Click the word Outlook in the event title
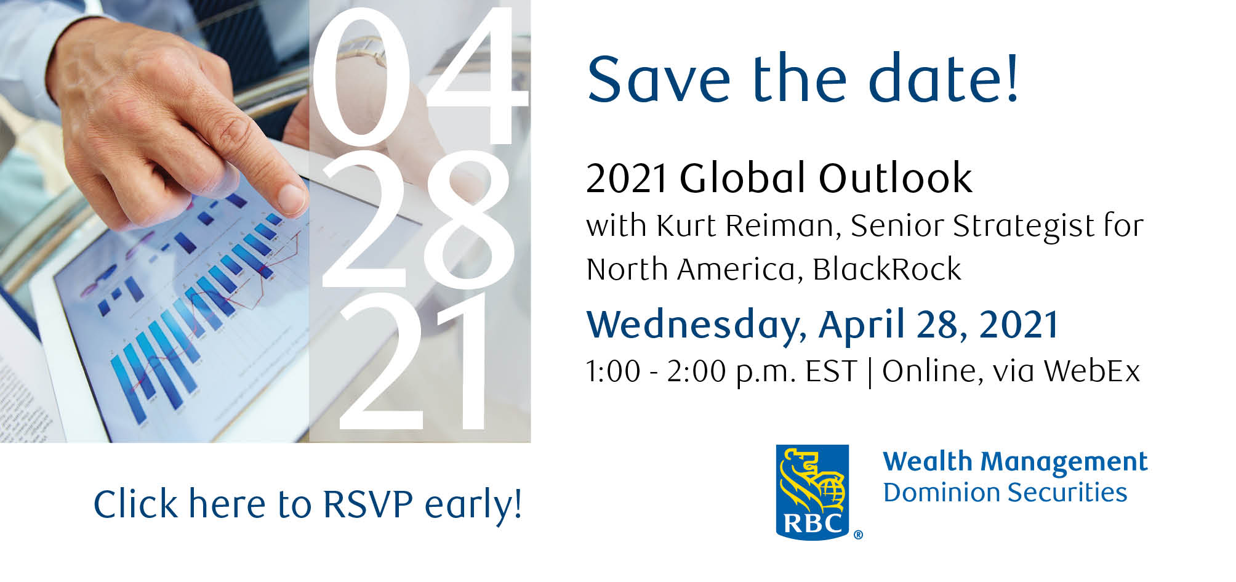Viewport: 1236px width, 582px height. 895,179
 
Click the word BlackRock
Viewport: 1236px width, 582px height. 886,269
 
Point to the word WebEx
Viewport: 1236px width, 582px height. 1091,371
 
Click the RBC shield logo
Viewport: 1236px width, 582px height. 812,493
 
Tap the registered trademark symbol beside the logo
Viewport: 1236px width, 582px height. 858,535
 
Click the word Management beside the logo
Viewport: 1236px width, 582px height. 1064,462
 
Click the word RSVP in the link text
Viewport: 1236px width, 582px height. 368,504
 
